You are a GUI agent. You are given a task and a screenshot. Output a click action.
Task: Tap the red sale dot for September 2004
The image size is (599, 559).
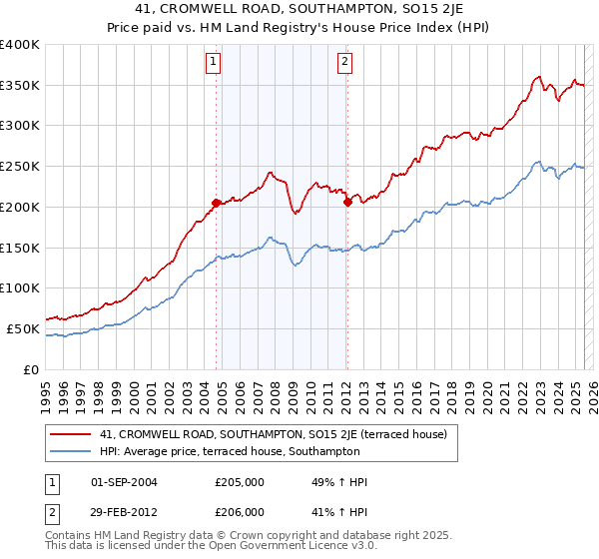point(216,203)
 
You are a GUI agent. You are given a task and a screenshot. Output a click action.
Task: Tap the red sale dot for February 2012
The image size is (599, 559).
point(347,202)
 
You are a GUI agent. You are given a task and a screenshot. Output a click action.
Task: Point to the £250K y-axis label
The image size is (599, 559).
point(19,167)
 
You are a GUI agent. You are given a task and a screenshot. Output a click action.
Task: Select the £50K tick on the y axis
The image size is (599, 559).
point(23,328)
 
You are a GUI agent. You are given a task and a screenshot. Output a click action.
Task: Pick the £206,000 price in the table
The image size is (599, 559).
point(239,511)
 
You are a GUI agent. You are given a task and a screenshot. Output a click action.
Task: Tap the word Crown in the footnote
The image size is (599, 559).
point(229,536)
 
